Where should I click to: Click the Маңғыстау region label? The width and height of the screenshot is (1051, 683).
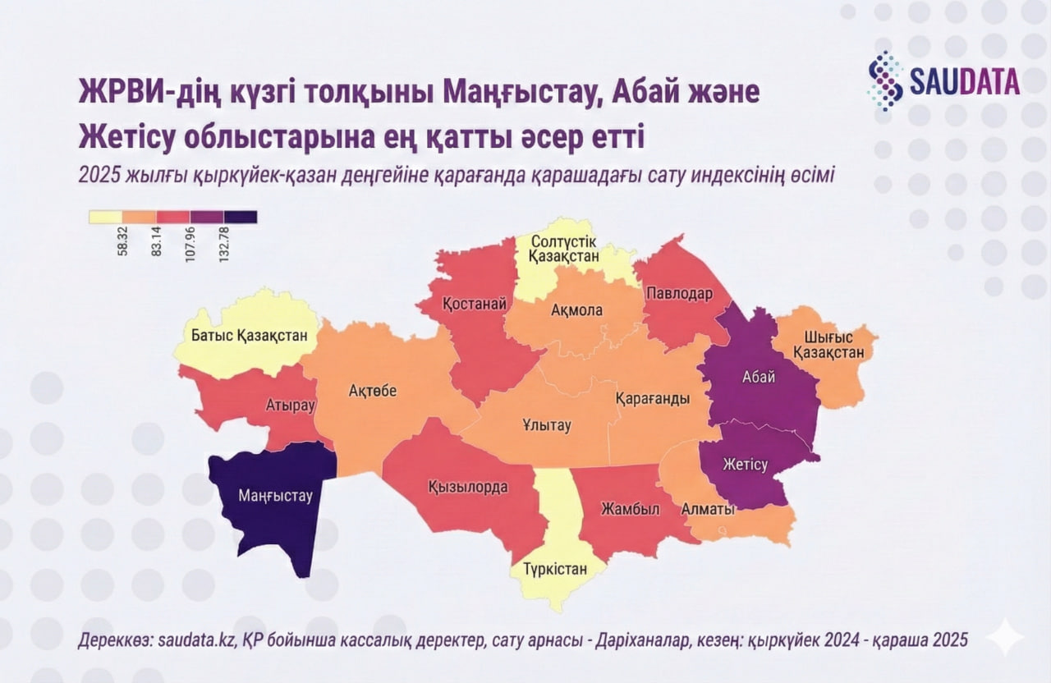[276, 496]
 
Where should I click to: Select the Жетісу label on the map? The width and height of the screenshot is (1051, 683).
[745, 465]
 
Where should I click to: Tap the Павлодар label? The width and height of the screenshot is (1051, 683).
[677, 293]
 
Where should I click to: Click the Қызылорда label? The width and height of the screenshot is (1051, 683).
[467, 486]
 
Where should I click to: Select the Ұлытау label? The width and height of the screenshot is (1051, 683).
[546, 425]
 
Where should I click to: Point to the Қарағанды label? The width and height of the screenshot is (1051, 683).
[653, 397]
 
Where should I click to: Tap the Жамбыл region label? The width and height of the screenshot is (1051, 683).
[619, 508]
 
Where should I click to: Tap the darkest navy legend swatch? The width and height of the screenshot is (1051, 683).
[241, 217]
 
